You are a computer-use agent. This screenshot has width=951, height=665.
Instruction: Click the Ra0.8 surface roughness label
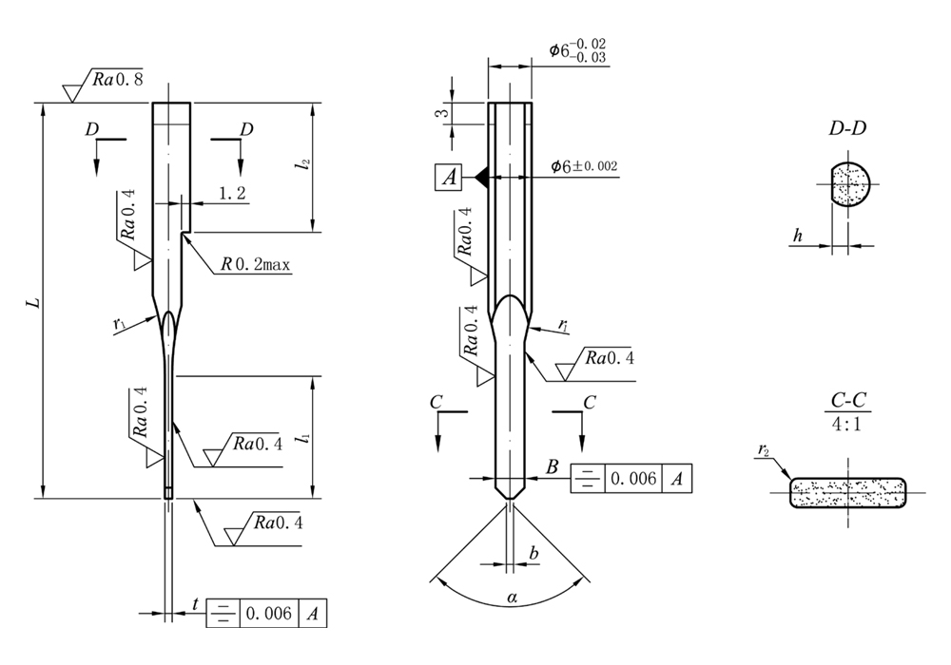pyautogui.click(x=118, y=80)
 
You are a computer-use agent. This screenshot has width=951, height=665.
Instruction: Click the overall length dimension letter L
pyautogui.click(x=34, y=302)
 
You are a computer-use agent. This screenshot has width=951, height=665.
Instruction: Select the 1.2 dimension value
pyautogui.click(x=232, y=193)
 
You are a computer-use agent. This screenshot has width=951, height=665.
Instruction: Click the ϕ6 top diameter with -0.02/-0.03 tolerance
pyautogui.click(x=578, y=51)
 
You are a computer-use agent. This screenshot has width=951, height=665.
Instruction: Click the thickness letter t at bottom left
pyautogui.click(x=195, y=604)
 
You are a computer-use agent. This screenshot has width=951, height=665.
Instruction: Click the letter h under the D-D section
pyautogui.click(x=803, y=234)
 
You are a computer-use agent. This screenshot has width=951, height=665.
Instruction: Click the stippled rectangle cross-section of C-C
pyautogui.click(x=847, y=492)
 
